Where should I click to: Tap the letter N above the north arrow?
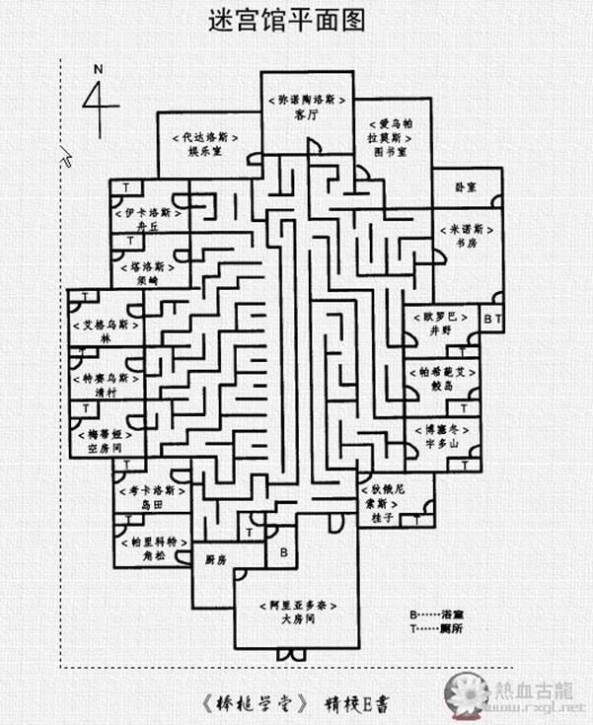coord(98,69)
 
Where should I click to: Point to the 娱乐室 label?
coord(206,153)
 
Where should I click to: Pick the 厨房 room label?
coord(215,559)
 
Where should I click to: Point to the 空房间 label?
coord(102,446)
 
